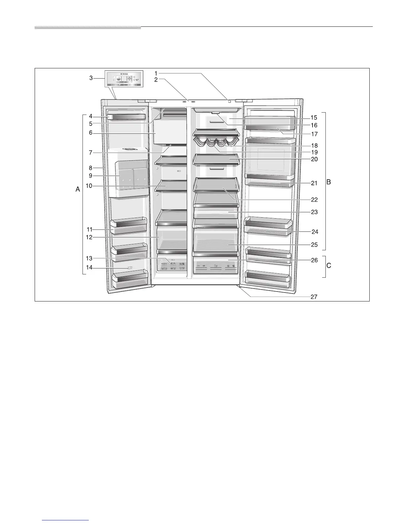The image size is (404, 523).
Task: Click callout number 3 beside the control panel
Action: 91,78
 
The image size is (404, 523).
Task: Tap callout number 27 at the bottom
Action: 314,297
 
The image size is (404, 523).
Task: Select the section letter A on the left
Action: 78,190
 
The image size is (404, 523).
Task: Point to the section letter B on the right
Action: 328,182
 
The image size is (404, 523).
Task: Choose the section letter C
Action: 329,265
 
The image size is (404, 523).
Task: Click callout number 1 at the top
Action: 156,73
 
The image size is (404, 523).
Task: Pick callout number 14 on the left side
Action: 89,267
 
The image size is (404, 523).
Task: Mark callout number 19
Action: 314,152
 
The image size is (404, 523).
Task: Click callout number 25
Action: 314,245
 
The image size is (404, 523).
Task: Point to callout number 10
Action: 89,186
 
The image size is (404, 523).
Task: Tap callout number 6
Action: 90,133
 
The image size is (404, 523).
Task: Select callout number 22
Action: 314,199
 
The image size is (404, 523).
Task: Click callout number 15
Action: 314,118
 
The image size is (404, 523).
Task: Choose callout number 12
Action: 89,237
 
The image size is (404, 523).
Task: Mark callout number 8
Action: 90,168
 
